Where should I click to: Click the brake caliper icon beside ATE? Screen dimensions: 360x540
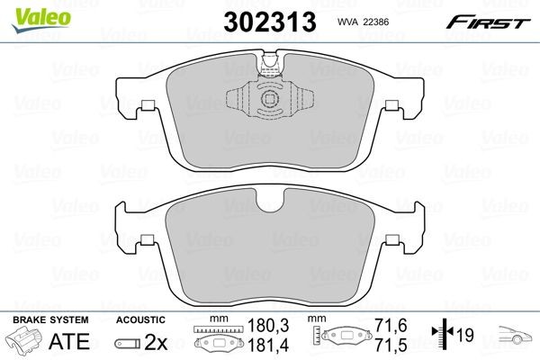point(25,342)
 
